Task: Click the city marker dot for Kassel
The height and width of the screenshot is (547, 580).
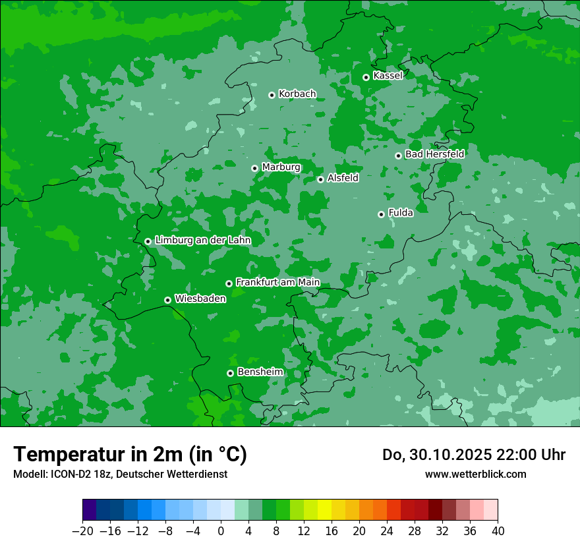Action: pyautogui.click(x=366, y=77)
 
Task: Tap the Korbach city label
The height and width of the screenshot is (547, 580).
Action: pyautogui.click(x=297, y=94)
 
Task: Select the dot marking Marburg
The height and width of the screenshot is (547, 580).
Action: pyautogui.click(x=254, y=168)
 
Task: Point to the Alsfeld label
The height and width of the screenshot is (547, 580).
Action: pyautogui.click(x=343, y=178)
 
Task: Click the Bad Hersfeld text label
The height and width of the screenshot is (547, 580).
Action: pyautogui.click(x=434, y=154)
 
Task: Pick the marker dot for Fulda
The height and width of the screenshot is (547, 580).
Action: pyautogui.click(x=381, y=214)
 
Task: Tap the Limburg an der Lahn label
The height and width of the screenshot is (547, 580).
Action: pyautogui.click(x=202, y=241)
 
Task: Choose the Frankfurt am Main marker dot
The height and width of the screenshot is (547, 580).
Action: pyautogui.click(x=229, y=283)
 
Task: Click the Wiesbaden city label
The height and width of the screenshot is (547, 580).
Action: pyautogui.click(x=200, y=299)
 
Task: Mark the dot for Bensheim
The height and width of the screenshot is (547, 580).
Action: pyautogui.click(x=230, y=373)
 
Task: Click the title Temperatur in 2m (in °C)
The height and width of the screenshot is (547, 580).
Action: pyautogui.click(x=130, y=454)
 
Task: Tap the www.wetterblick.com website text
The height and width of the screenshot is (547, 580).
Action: pyautogui.click(x=475, y=474)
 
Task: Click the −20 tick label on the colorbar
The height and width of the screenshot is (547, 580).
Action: pyautogui.click(x=82, y=531)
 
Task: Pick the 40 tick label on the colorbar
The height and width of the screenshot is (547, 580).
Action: pyautogui.click(x=498, y=531)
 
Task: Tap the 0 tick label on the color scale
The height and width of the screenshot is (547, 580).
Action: pyautogui.click(x=221, y=531)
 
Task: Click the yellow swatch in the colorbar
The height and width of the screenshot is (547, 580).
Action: pyautogui.click(x=324, y=510)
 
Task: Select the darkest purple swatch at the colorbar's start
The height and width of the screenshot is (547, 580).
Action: pyautogui.click(x=90, y=510)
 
